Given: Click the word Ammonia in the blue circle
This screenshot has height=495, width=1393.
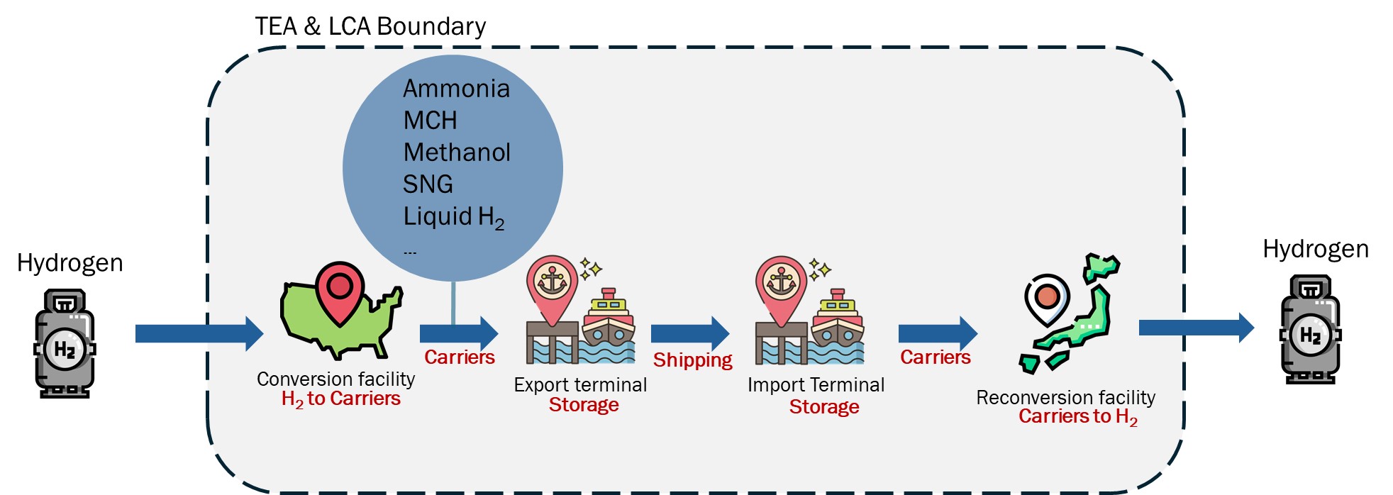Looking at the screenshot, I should (x=456, y=89).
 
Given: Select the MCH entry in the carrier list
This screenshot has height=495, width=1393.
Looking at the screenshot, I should (x=430, y=121).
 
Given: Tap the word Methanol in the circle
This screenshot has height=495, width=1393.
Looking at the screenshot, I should (x=456, y=152).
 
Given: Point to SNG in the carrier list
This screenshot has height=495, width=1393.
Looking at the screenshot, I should (x=427, y=184).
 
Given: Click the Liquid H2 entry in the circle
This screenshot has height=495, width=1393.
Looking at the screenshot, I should (x=453, y=217).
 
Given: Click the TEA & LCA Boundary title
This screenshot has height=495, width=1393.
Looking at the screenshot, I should (x=370, y=26).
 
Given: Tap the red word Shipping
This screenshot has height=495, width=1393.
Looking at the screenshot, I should (x=692, y=360).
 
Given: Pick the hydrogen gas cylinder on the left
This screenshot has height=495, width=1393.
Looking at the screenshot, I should (x=65, y=343).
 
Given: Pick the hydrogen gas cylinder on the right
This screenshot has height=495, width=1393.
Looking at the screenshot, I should (x=1310, y=330).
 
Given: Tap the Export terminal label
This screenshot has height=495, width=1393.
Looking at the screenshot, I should (x=580, y=385).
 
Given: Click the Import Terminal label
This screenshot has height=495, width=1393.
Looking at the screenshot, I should (x=816, y=385).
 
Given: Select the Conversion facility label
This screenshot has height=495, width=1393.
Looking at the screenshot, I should (x=335, y=379).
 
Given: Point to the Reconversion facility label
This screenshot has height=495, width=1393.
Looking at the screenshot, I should (x=1065, y=398).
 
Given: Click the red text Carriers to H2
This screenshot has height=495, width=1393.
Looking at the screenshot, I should (x=1077, y=417).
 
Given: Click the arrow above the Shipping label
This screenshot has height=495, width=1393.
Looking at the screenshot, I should (x=689, y=333).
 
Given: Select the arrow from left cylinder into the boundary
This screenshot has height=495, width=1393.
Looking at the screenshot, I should (x=199, y=333).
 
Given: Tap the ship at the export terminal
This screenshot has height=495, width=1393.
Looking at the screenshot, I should (x=608, y=323).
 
